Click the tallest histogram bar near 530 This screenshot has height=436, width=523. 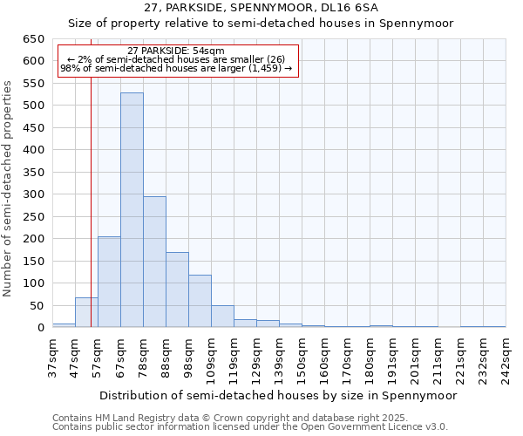[x=132, y=209]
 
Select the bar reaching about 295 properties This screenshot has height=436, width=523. [x=154, y=262]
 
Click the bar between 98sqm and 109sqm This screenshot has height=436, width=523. [x=200, y=301]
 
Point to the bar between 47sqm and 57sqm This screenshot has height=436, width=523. [x=86, y=312]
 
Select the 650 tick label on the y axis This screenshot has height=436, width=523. [x=33, y=39]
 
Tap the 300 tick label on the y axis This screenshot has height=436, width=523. [x=33, y=194]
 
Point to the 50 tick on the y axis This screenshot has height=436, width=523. [x=37, y=305]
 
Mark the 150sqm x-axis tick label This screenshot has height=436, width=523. [x=302, y=358]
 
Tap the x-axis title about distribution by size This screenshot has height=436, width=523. [x=278, y=395]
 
